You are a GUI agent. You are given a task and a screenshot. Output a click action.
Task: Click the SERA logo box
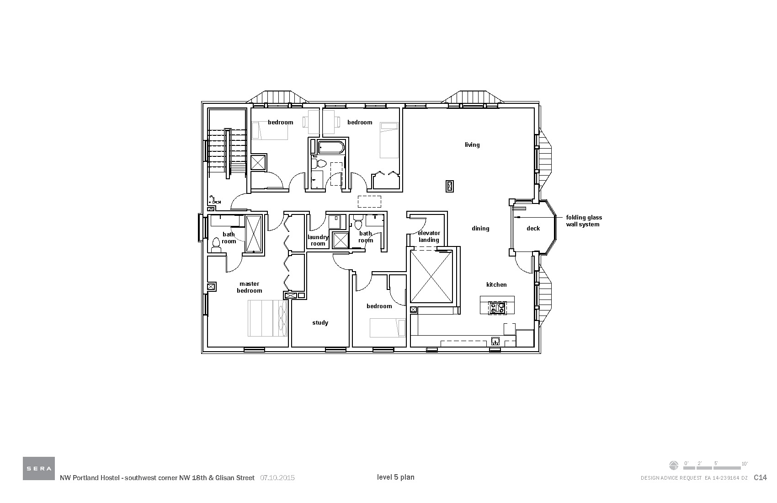(x=39, y=468)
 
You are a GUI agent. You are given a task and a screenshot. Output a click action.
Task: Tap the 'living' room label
(x=472, y=145)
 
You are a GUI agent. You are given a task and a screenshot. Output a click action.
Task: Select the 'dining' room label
(x=480, y=229)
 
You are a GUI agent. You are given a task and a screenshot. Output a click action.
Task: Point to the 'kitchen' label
(x=496, y=284)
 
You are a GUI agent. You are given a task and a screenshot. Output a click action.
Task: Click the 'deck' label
(x=533, y=229)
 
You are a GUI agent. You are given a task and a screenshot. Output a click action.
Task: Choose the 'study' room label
(x=320, y=323)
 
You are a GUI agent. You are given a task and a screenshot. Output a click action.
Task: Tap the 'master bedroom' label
(x=250, y=287)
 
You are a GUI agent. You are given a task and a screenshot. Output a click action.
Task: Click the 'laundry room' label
(x=318, y=240)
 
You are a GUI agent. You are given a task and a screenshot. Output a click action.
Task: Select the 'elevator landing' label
(x=429, y=236)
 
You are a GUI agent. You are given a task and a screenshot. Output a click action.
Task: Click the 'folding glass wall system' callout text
(x=584, y=221)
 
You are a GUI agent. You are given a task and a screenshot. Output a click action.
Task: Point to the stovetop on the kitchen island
(x=497, y=308)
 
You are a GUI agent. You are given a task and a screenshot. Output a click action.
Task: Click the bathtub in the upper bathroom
(x=330, y=148)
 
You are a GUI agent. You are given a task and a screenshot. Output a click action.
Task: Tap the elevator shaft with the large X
(x=431, y=277)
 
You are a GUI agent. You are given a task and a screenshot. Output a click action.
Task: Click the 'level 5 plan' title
(x=395, y=477)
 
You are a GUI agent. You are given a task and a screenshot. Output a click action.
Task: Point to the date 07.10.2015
(x=277, y=478)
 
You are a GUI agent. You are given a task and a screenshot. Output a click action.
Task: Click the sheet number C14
(x=760, y=478)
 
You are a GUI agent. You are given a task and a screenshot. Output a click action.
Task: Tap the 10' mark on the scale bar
(x=745, y=463)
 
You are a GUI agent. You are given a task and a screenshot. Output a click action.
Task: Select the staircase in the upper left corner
(x=227, y=153)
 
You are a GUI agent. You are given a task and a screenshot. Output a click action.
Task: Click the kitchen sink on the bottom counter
(x=495, y=341)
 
